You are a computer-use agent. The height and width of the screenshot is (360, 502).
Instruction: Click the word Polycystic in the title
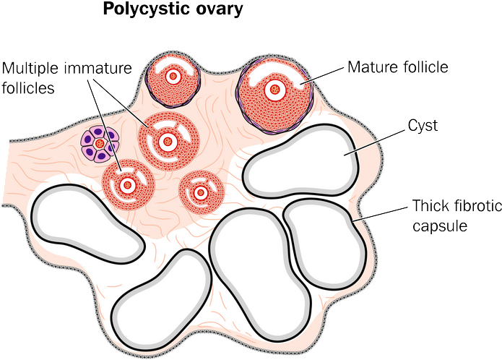[144, 9]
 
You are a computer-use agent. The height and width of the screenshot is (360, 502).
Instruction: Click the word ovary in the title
[217, 10]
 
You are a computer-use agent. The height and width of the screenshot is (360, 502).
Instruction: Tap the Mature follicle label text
[398, 67]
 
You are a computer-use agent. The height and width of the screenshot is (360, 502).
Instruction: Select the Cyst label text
[423, 126]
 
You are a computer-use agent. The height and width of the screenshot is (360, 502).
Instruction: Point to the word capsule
[440, 226]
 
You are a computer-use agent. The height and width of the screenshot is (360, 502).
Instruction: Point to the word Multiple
[30, 68]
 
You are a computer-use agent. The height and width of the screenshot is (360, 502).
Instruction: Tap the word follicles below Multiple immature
[28, 87]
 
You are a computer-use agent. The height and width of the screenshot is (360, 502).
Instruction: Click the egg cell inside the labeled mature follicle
[274, 90]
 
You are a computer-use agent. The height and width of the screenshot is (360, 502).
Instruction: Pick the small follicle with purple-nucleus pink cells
[100, 143]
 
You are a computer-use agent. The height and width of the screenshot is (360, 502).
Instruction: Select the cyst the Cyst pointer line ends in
[300, 160]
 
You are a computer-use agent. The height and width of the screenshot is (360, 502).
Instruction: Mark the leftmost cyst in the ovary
[87, 223]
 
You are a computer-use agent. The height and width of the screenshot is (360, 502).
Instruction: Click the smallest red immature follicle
[201, 192]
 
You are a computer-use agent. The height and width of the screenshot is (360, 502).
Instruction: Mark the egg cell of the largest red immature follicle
[167, 142]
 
